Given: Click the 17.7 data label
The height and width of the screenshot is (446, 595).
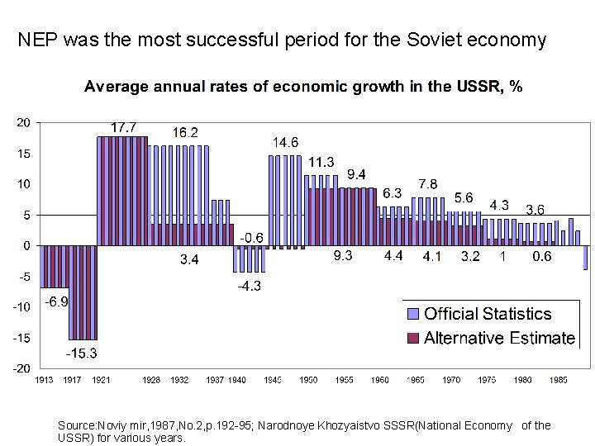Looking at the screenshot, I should click(x=125, y=128).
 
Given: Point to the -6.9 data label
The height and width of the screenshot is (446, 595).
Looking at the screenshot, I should click(x=55, y=301).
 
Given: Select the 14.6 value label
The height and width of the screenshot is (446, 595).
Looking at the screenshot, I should click(x=286, y=142).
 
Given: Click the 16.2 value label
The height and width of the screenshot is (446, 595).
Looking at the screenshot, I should click(x=185, y=132).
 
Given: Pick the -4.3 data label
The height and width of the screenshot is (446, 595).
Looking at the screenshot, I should click(x=250, y=287).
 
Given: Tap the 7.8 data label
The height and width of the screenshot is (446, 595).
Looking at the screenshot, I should click(x=428, y=183).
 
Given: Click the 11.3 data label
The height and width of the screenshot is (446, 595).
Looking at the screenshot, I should click(x=321, y=161).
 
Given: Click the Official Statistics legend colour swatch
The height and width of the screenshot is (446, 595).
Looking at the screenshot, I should click(x=414, y=314).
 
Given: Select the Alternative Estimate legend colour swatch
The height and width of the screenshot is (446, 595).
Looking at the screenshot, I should click(x=414, y=338).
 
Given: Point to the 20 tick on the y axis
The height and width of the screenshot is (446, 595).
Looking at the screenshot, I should click(x=23, y=122).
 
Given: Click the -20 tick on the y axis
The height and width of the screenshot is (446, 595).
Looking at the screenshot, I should click(x=21, y=368).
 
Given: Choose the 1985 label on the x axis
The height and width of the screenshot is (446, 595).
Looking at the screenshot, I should click(x=559, y=381).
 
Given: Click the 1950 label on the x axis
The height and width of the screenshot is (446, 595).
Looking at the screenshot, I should click(x=309, y=381).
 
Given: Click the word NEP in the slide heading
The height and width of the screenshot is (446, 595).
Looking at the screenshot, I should click(x=36, y=40).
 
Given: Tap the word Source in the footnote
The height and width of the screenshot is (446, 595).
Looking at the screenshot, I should click(x=75, y=425).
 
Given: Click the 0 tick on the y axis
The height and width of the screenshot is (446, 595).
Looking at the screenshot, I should click(x=27, y=245).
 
